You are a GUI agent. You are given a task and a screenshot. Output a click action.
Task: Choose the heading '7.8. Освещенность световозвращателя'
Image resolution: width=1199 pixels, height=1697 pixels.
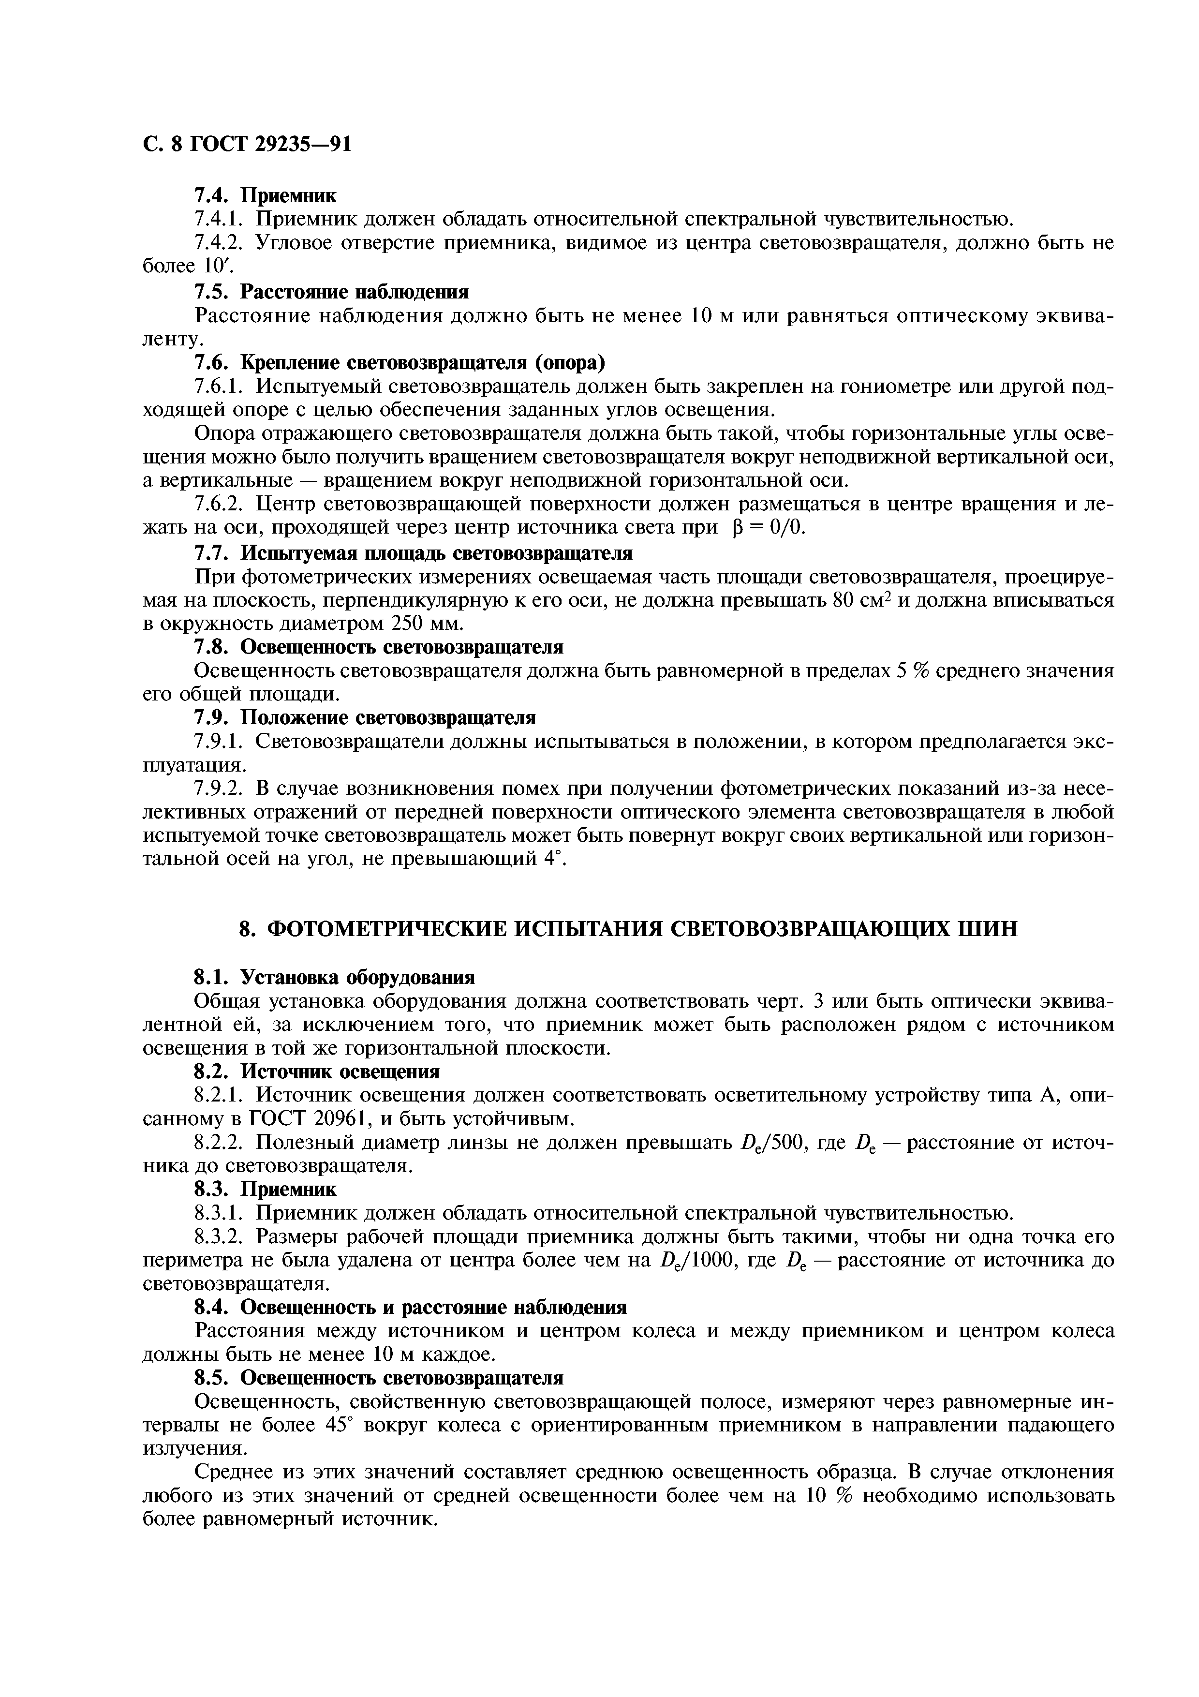coord(378,647)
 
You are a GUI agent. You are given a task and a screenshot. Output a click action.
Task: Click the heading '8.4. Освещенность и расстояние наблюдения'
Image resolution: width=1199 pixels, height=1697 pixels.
coord(410,1308)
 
